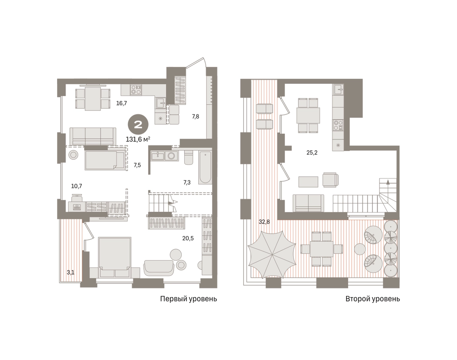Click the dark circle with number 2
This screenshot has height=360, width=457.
click(x=138, y=125)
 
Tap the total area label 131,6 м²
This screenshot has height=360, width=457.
click(x=138, y=139)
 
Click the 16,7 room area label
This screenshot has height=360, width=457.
click(x=122, y=103)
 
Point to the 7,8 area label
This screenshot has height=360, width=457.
click(x=195, y=116)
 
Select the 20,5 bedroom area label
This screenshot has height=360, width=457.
click(x=188, y=238)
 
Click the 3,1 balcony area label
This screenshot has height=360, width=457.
click(x=70, y=273)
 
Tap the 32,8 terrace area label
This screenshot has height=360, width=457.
click(x=264, y=222)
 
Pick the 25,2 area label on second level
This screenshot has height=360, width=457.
click(x=312, y=153)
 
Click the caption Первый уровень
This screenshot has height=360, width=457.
click(x=189, y=299)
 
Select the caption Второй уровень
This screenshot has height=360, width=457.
click(x=373, y=299)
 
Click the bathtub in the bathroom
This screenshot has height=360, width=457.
click(x=205, y=167)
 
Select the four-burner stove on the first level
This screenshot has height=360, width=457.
click(x=136, y=89)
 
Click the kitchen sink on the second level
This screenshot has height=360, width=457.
click(x=338, y=89)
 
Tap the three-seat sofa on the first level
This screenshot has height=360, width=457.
click(x=93, y=136)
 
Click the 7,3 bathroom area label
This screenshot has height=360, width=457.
click(x=187, y=182)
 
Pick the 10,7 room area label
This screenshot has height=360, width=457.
click(x=77, y=186)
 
